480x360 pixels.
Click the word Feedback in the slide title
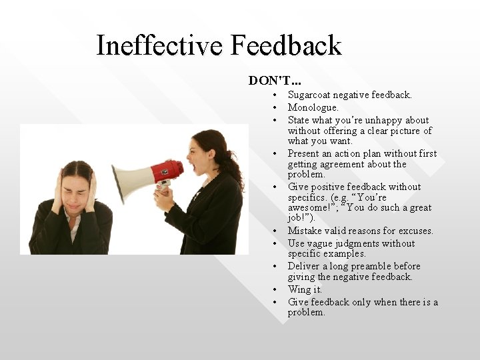tap(287, 46)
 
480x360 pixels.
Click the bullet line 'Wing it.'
tap(305, 289)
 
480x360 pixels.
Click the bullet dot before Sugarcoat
tap(274, 96)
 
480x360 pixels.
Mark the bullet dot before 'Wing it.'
tap(274, 290)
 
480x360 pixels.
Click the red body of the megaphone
tap(167, 170)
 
